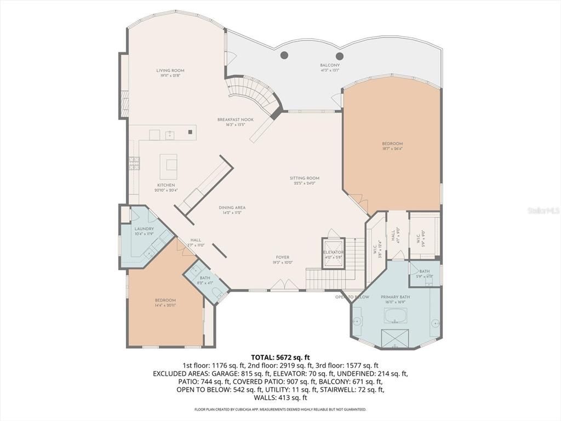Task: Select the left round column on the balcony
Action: tap(284, 55)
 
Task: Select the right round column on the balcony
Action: tap(339, 55)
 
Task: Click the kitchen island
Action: tap(169, 163)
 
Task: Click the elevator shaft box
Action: tap(333, 252)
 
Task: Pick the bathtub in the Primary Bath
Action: tap(396, 316)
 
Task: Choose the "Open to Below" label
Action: tap(352, 297)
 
